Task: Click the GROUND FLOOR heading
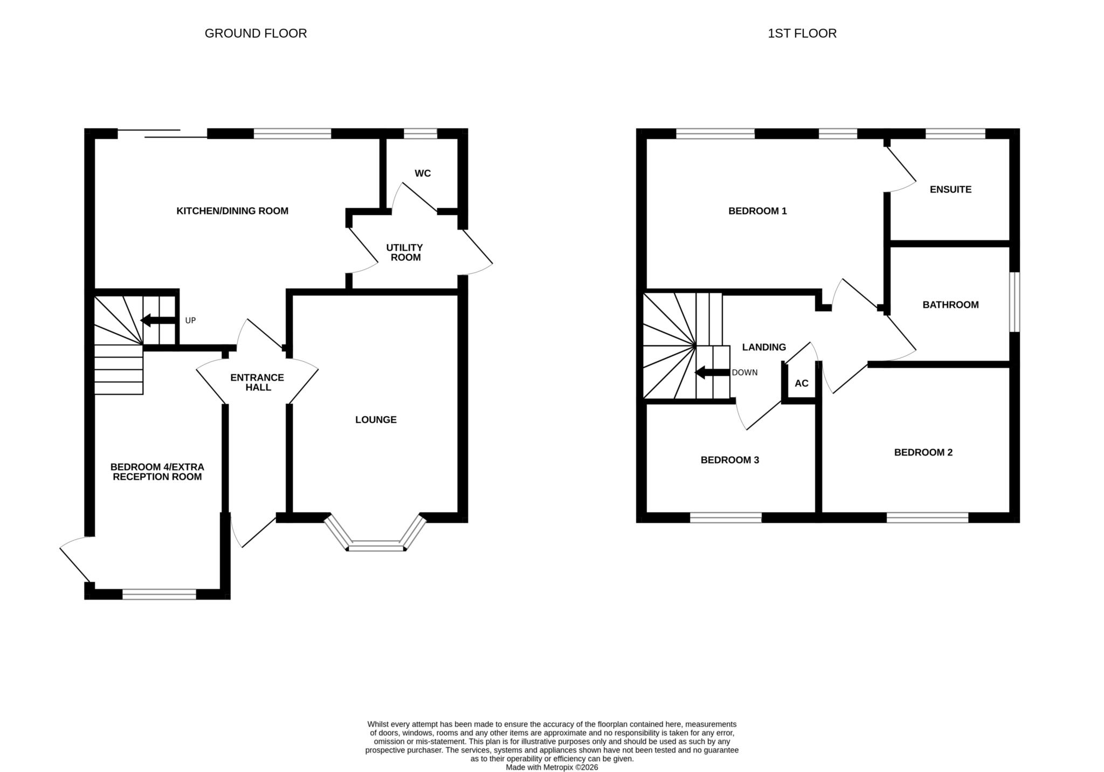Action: [256, 33]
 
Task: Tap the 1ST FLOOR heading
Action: [802, 33]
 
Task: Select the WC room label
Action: [423, 174]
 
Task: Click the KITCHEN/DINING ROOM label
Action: [232, 211]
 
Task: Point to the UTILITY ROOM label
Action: [405, 252]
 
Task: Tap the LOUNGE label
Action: [376, 419]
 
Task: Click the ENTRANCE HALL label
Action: [258, 382]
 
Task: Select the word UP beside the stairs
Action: [190, 320]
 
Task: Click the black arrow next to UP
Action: [158, 320]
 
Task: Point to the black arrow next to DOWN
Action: [712, 372]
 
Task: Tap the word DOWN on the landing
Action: [744, 373]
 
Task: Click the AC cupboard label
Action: [802, 383]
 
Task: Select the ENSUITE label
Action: [950, 189]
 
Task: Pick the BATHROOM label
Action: [950, 305]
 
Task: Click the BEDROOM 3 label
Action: [730, 460]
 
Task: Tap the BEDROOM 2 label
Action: [923, 452]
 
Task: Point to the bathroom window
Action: [1015, 301]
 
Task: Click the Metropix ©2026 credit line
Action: [552, 767]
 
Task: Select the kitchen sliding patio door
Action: [162, 133]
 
